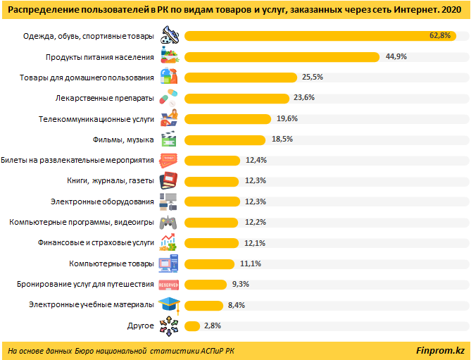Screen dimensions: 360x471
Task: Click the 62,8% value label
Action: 439,35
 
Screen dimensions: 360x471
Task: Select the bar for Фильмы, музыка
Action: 225,139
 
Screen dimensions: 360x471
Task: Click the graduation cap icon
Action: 171,305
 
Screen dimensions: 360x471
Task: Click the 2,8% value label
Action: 213,326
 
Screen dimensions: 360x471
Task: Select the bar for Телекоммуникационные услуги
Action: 229,118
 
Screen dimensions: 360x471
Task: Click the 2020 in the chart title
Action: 451,10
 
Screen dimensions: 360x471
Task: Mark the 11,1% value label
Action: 251,263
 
